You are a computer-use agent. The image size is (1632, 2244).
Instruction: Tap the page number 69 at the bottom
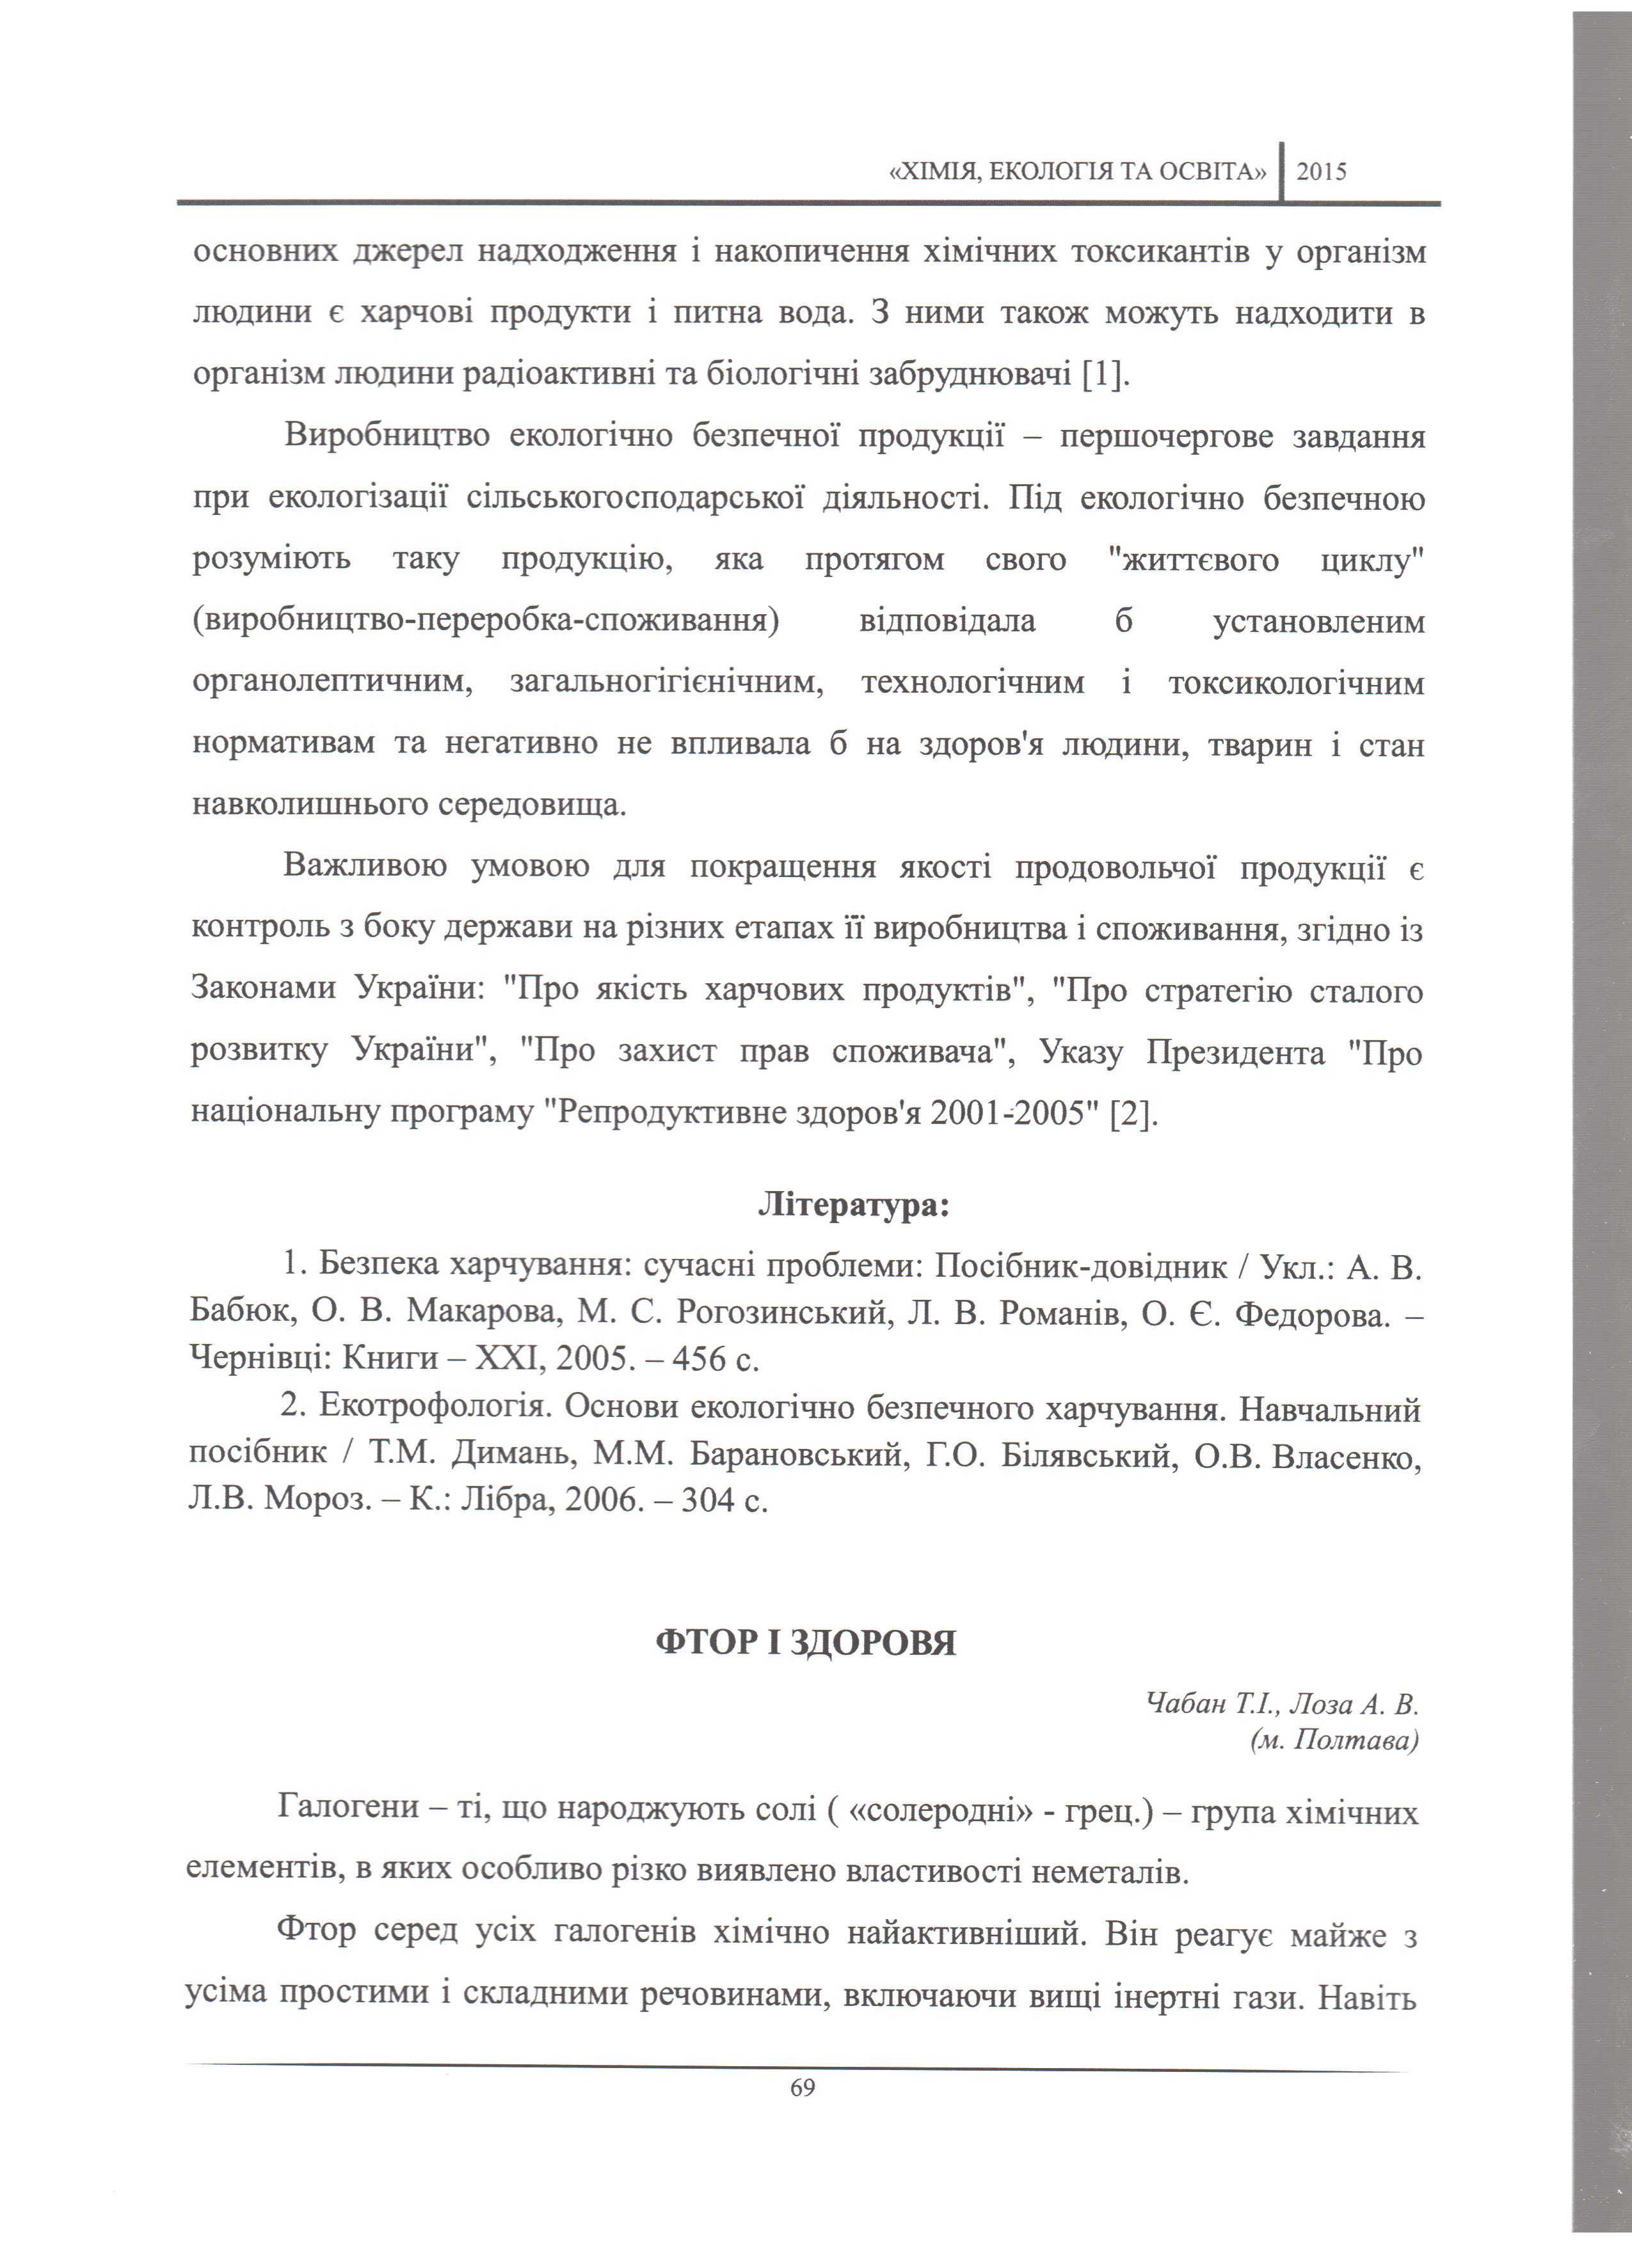[803, 2088]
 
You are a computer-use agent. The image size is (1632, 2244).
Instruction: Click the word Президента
[1235, 1054]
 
